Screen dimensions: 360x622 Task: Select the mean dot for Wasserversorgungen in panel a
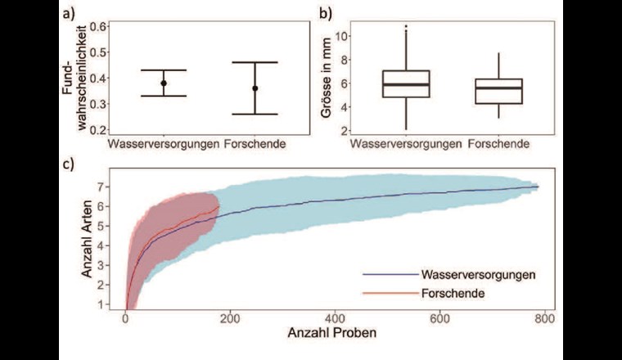pos(164,83)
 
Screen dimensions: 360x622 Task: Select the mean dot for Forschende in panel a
pos(255,88)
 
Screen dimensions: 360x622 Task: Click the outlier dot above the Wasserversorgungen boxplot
pos(407,26)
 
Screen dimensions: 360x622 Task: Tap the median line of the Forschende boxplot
pos(499,88)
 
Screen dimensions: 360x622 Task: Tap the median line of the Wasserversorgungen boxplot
pos(407,84)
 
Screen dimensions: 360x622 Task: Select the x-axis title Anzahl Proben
pos(331,335)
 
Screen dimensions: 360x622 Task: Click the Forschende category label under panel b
pos(499,145)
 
